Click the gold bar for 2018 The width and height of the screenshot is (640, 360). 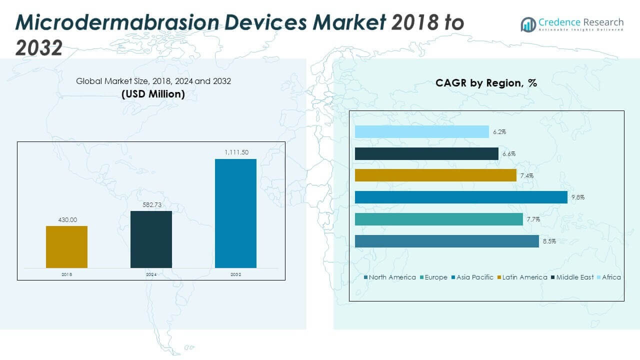[x=66, y=247]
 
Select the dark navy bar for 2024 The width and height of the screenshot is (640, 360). [x=151, y=239]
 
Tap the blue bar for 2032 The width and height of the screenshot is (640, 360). [x=235, y=213]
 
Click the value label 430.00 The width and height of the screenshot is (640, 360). [x=66, y=220]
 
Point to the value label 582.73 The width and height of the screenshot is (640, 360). [x=151, y=205]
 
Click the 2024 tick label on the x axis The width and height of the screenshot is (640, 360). [x=151, y=274]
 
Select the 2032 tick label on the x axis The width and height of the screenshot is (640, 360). [x=235, y=274]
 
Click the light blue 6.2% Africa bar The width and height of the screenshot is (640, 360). [x=421, y=132]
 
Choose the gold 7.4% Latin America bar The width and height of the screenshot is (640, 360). [x=435, y=175]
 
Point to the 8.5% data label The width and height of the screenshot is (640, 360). [x=548, y=241]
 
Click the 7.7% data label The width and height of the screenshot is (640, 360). [x=532, y=219]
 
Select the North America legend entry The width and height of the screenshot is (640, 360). [x=390, y=277]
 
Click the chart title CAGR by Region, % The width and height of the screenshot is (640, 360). [x=486, y=83]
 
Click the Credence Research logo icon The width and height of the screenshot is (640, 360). [x=528, y=24]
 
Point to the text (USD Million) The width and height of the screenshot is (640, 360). [x=153, y=94]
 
